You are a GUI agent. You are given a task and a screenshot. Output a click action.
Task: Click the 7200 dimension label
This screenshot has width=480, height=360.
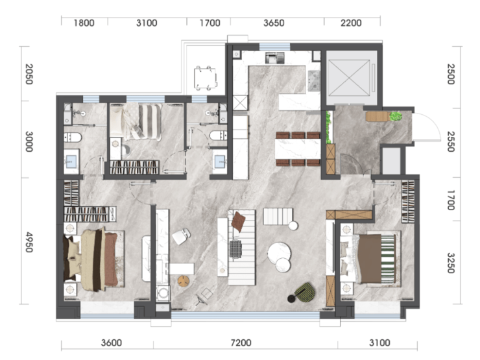click(x=241, y=342)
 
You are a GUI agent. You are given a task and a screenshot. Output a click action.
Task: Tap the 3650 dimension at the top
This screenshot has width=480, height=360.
click(x=274, y=23)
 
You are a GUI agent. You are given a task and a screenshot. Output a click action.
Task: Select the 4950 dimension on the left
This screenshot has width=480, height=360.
click(x=29, y=242)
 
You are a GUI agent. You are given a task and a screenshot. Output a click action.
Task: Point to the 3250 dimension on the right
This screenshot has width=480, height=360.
click(x=451, y=263)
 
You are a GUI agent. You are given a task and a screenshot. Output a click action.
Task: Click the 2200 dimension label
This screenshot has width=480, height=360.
click(x=351, y=23)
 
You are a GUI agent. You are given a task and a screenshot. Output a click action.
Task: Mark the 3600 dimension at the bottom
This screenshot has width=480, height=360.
click(x=112, y=342)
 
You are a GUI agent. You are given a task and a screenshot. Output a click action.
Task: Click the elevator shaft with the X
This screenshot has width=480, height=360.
click(x=349, y=78)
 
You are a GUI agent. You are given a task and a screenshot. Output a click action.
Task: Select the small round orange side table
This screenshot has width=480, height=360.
click(x=184, y=281)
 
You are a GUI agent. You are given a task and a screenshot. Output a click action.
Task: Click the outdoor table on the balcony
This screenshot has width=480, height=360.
click(x=206, y=78)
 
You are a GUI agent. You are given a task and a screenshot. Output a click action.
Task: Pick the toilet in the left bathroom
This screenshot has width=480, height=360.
click(x=73, y=138)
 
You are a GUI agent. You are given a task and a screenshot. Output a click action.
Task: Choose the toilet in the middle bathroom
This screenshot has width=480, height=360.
click(x=219, y=135)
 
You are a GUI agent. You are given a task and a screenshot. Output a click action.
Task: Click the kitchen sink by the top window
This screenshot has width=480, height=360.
click(x=274, y=58)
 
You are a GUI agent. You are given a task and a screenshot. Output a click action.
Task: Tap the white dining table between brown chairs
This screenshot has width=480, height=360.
click(x=298, y=149)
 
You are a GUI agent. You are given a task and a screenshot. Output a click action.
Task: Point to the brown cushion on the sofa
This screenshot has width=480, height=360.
click(x=239, y=221)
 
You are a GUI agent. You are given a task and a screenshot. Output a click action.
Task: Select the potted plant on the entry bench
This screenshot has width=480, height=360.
click(x=396, y=116)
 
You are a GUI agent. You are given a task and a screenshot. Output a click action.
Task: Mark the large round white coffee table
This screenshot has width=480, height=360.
click(x=278, y=253)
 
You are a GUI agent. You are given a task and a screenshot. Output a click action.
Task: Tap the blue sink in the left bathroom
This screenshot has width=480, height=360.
click(x=71, y=160)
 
